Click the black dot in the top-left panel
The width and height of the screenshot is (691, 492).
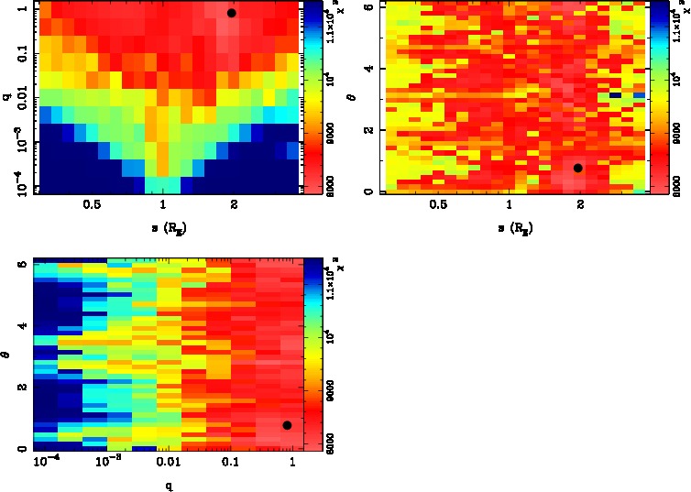pos(231,13)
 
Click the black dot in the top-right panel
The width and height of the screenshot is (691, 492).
pos(578,168)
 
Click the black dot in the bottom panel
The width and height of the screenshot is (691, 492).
pos(287,425)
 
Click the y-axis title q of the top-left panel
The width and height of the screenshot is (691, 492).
pos(6,93)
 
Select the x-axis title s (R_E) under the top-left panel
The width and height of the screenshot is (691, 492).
pos(163,227)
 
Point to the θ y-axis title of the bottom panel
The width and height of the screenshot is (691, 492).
pos(7,351)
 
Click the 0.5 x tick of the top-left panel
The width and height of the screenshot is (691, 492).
pos(92,207)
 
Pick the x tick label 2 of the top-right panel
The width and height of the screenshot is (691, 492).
pos(580,207)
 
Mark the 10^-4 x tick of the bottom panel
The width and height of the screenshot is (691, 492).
pos(46,464)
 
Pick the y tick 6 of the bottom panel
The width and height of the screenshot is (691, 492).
pos(20,263)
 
